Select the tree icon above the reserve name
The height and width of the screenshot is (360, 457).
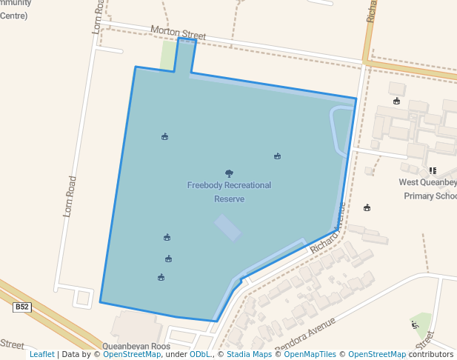tap(229, 173)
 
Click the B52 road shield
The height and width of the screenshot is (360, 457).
tap(22, 307)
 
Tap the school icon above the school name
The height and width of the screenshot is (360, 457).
tap(433, 170)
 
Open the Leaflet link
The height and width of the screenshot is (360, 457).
tap(41, 354)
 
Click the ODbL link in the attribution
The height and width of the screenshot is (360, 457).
tap(199, 354)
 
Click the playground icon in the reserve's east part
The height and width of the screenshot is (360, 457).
tap(277, 156)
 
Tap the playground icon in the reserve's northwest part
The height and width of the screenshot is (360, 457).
tap(164, 136)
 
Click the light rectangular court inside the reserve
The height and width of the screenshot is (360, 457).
tap(228, 227)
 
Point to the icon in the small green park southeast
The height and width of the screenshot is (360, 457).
tap(415, 324)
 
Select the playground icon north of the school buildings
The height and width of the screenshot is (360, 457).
tap(397, 101)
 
